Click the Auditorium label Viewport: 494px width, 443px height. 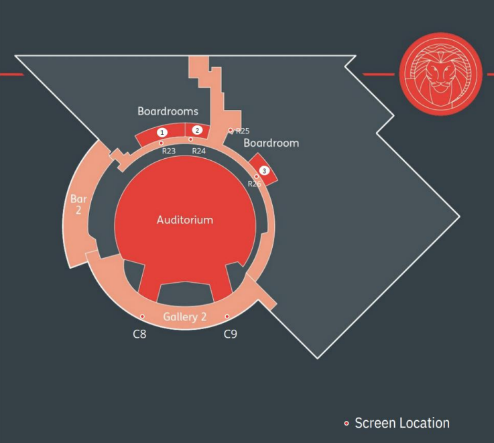click(x=185, y=220)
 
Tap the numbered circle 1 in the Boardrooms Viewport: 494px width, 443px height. click(x=162, y=132)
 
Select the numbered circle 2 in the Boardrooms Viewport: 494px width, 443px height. click(x=197, y=130)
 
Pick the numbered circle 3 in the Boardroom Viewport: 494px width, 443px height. click(x=264, y=171)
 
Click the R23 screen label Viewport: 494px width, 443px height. click(x=169, y=151)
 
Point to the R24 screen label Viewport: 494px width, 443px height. click(x=199, y=151)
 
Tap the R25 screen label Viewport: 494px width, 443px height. click(x=243, y=131)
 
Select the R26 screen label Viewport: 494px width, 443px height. click(x=254, y=184)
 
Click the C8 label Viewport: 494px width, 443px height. click(x=139, y=334)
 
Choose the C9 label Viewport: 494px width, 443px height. click(x=231, y=334)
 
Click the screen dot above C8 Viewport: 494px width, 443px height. click(x=142, y=316)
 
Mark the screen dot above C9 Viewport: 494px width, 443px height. click(x=227, y=316)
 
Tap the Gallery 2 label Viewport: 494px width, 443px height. click(x=184, y=316)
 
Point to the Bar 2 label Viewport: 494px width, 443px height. click(x=78, y=204)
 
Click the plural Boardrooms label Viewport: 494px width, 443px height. click(x=168, y=111)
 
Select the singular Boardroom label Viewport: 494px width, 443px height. click(x=271, y=143)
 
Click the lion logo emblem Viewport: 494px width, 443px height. click(x=441, y=74)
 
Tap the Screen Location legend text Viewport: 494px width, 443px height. click(x=402, y=423)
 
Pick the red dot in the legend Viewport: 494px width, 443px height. click(x=347, y=424)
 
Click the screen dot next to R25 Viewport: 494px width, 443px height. click(x=231, y=130)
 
